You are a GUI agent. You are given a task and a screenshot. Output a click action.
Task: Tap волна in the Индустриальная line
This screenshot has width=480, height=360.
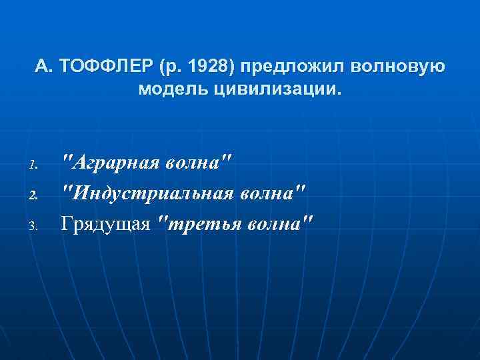click(269, 192)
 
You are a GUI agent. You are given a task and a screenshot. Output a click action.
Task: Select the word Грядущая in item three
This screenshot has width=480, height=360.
click(105, 223)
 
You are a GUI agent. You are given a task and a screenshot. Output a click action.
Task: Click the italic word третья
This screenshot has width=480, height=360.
click(199, 223)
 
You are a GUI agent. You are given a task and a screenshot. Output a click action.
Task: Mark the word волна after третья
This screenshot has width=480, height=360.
click(272, 223)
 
